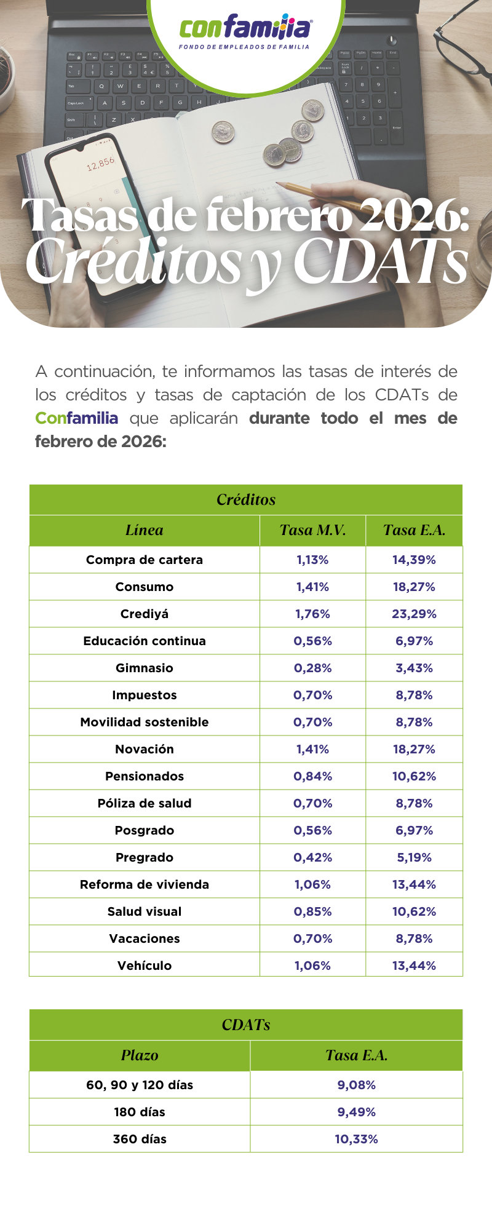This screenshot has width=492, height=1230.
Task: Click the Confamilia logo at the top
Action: click(x=245, y=31)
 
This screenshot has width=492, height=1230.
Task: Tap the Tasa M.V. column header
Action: click(x=312, y=530)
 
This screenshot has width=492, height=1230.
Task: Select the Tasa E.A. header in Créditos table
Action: click(x=414, y=530)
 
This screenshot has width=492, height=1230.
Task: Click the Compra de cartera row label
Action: click(x=145, y=560)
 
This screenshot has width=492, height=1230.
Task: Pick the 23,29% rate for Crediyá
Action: click(x=414, y=614)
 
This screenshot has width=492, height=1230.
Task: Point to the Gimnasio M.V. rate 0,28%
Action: click(x=312, y=668)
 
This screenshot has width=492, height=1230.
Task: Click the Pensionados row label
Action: click(x=145, y=776)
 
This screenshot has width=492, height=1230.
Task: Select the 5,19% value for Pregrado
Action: click(x=414, y=857)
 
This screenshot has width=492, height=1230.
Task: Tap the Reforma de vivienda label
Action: click(x=145, y=884)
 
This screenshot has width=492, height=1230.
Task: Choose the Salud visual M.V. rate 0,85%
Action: click(x=312, y=911)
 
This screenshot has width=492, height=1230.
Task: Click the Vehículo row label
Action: click(x=145, y=966)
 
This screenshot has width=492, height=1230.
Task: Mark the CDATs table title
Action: click(x=246, y=1025)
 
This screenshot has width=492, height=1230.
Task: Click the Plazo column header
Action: click(x=140, y=1055)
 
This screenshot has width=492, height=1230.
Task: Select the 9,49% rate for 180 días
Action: click(x=356, y=1112)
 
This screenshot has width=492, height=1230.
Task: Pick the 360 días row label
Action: click(x=140, y=1139)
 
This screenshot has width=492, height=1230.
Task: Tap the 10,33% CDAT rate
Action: click(x=356, y=1139)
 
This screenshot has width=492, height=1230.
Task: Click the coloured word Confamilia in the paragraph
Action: click(x=76, y=418)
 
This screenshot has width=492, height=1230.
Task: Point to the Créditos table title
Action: click(x=246, y=499)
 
